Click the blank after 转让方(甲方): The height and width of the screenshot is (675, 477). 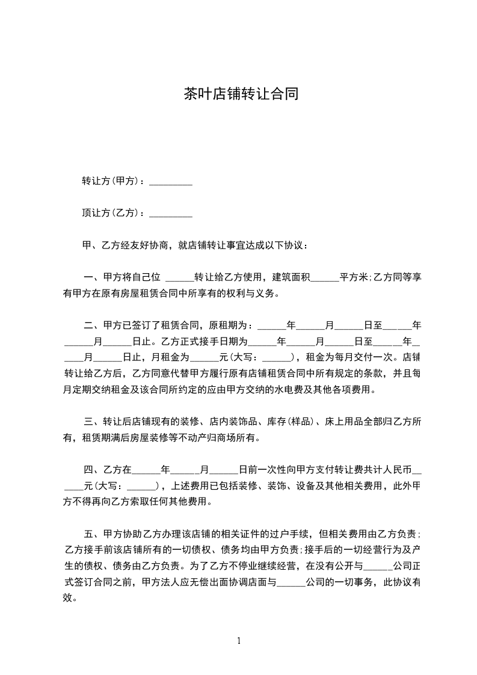click(170, 182)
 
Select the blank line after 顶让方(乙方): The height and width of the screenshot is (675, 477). click(170, 213)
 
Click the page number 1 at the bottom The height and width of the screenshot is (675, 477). click(239, 641)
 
